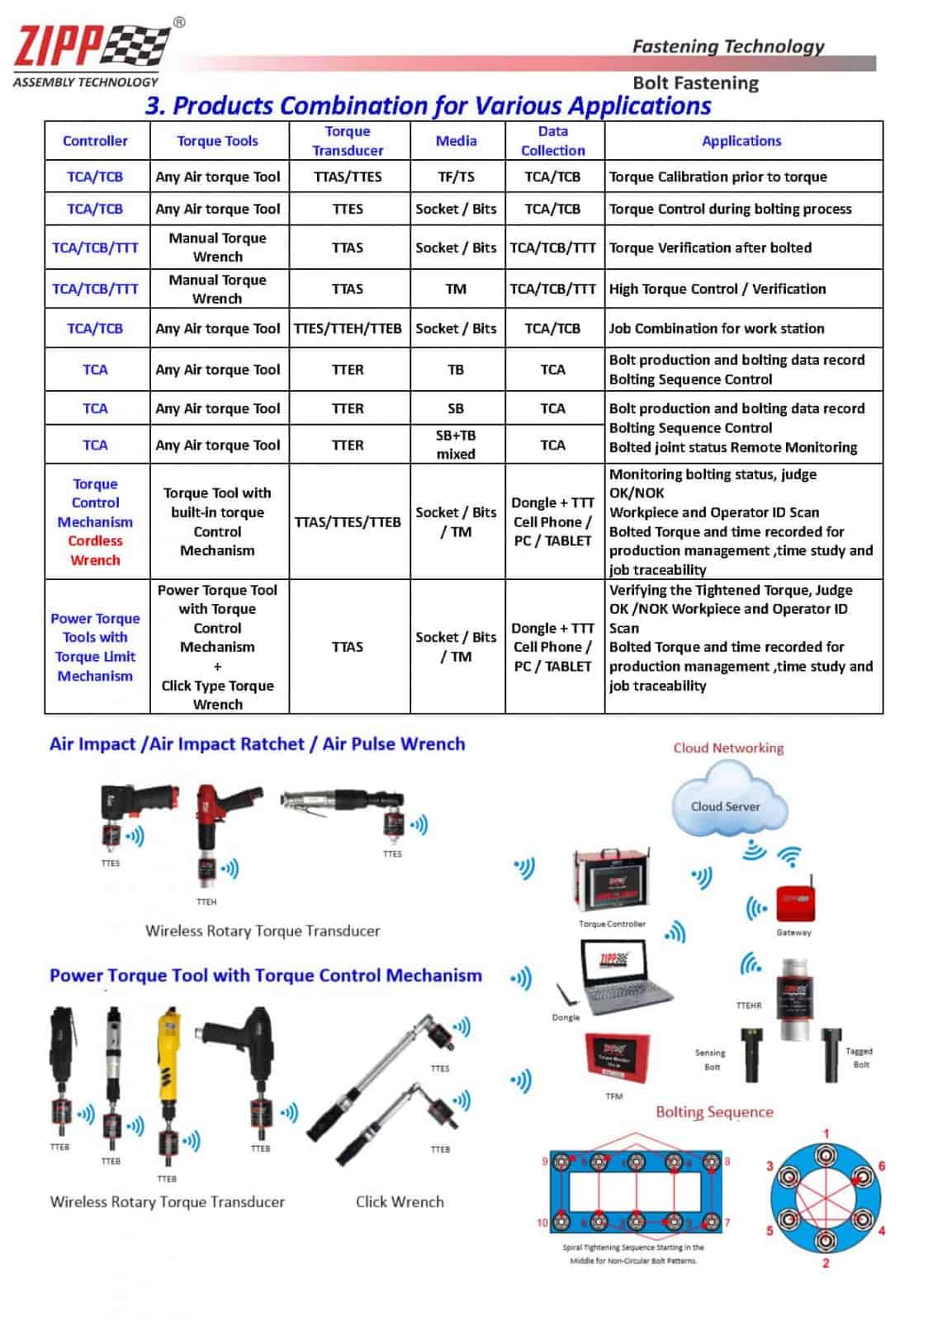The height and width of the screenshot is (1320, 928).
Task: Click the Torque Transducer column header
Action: click(x=348, y=141)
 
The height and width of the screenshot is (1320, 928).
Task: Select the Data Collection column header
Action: click(x=552, y=141)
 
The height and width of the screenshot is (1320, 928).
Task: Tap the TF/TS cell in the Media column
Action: click(x=456, y=177)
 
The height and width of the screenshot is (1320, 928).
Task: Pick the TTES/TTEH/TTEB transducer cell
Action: click(x=348, y=328)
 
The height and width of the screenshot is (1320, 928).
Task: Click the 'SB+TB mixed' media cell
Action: click(x=456, y=445)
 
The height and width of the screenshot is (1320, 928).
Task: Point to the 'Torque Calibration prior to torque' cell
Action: click(x=717, y=177)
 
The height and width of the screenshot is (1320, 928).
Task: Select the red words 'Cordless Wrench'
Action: click(x=95, y=550)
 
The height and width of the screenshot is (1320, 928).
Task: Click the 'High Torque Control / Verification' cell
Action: click(x=717, y=289)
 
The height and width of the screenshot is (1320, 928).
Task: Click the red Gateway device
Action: click(x=795, y=903)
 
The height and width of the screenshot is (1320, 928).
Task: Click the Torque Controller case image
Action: click(x=613, y=884)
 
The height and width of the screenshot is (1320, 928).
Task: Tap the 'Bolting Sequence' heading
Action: click(x=714, y=1112)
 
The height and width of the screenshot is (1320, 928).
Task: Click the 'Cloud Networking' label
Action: click(x=728, y=748)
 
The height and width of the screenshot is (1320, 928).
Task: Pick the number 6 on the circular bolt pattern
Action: click(x=881, y=1166)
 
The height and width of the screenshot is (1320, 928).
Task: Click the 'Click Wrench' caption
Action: click(x=400, y=1202)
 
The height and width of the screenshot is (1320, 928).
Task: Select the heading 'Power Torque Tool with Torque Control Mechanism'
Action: click(x=265, y=976)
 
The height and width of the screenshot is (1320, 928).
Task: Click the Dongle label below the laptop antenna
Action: click(x=566, y=1017)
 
